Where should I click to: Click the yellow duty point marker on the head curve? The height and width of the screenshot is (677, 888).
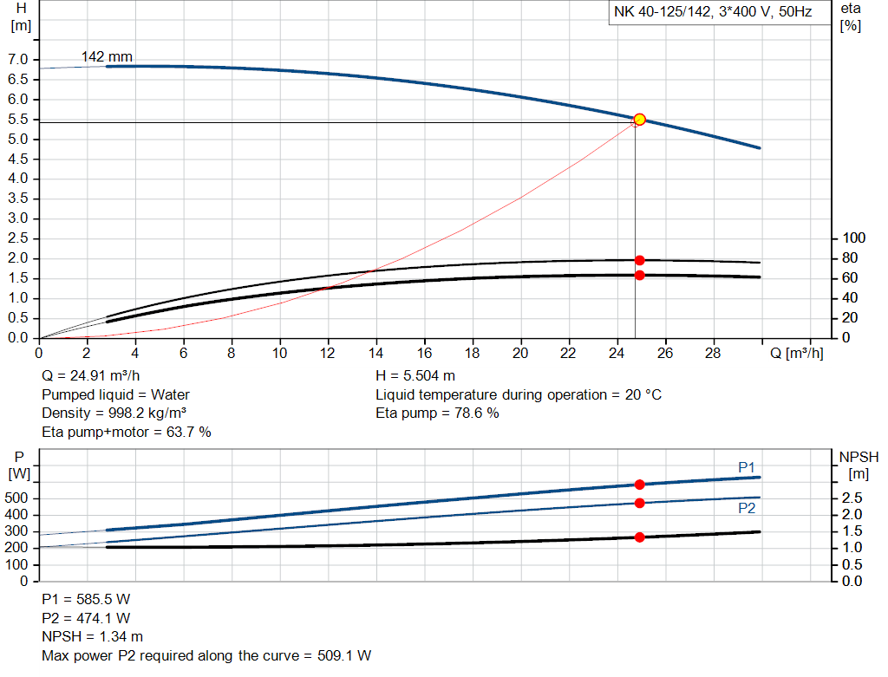click(639, 120)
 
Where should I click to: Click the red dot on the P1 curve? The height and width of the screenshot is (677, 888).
click(639, 485)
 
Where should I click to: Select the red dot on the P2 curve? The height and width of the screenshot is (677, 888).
click(639, 503)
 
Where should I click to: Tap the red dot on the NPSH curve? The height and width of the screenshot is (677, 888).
click(639, 537)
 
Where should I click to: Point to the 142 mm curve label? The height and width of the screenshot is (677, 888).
click(107, 57)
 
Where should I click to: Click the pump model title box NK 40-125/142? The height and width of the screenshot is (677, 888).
click(713, 14)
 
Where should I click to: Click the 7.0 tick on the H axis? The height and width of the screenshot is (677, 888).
click(17, 60)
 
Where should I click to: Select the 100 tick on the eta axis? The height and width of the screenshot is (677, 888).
click(854, 238)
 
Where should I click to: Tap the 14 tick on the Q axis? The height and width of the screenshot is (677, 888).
click(375, 354)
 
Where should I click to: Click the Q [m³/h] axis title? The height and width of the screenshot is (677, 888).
click(797, 354)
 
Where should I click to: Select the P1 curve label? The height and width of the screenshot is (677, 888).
click(746, 467)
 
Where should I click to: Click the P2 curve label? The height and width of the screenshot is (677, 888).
click(746, 508)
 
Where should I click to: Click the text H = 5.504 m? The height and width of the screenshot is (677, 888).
click(415, 376)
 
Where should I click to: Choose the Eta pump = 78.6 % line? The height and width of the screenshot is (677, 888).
click(437, 413)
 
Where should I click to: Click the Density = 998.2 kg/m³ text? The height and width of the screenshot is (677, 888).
click(114, 413)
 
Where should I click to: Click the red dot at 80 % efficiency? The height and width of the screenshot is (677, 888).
click(639, 260)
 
